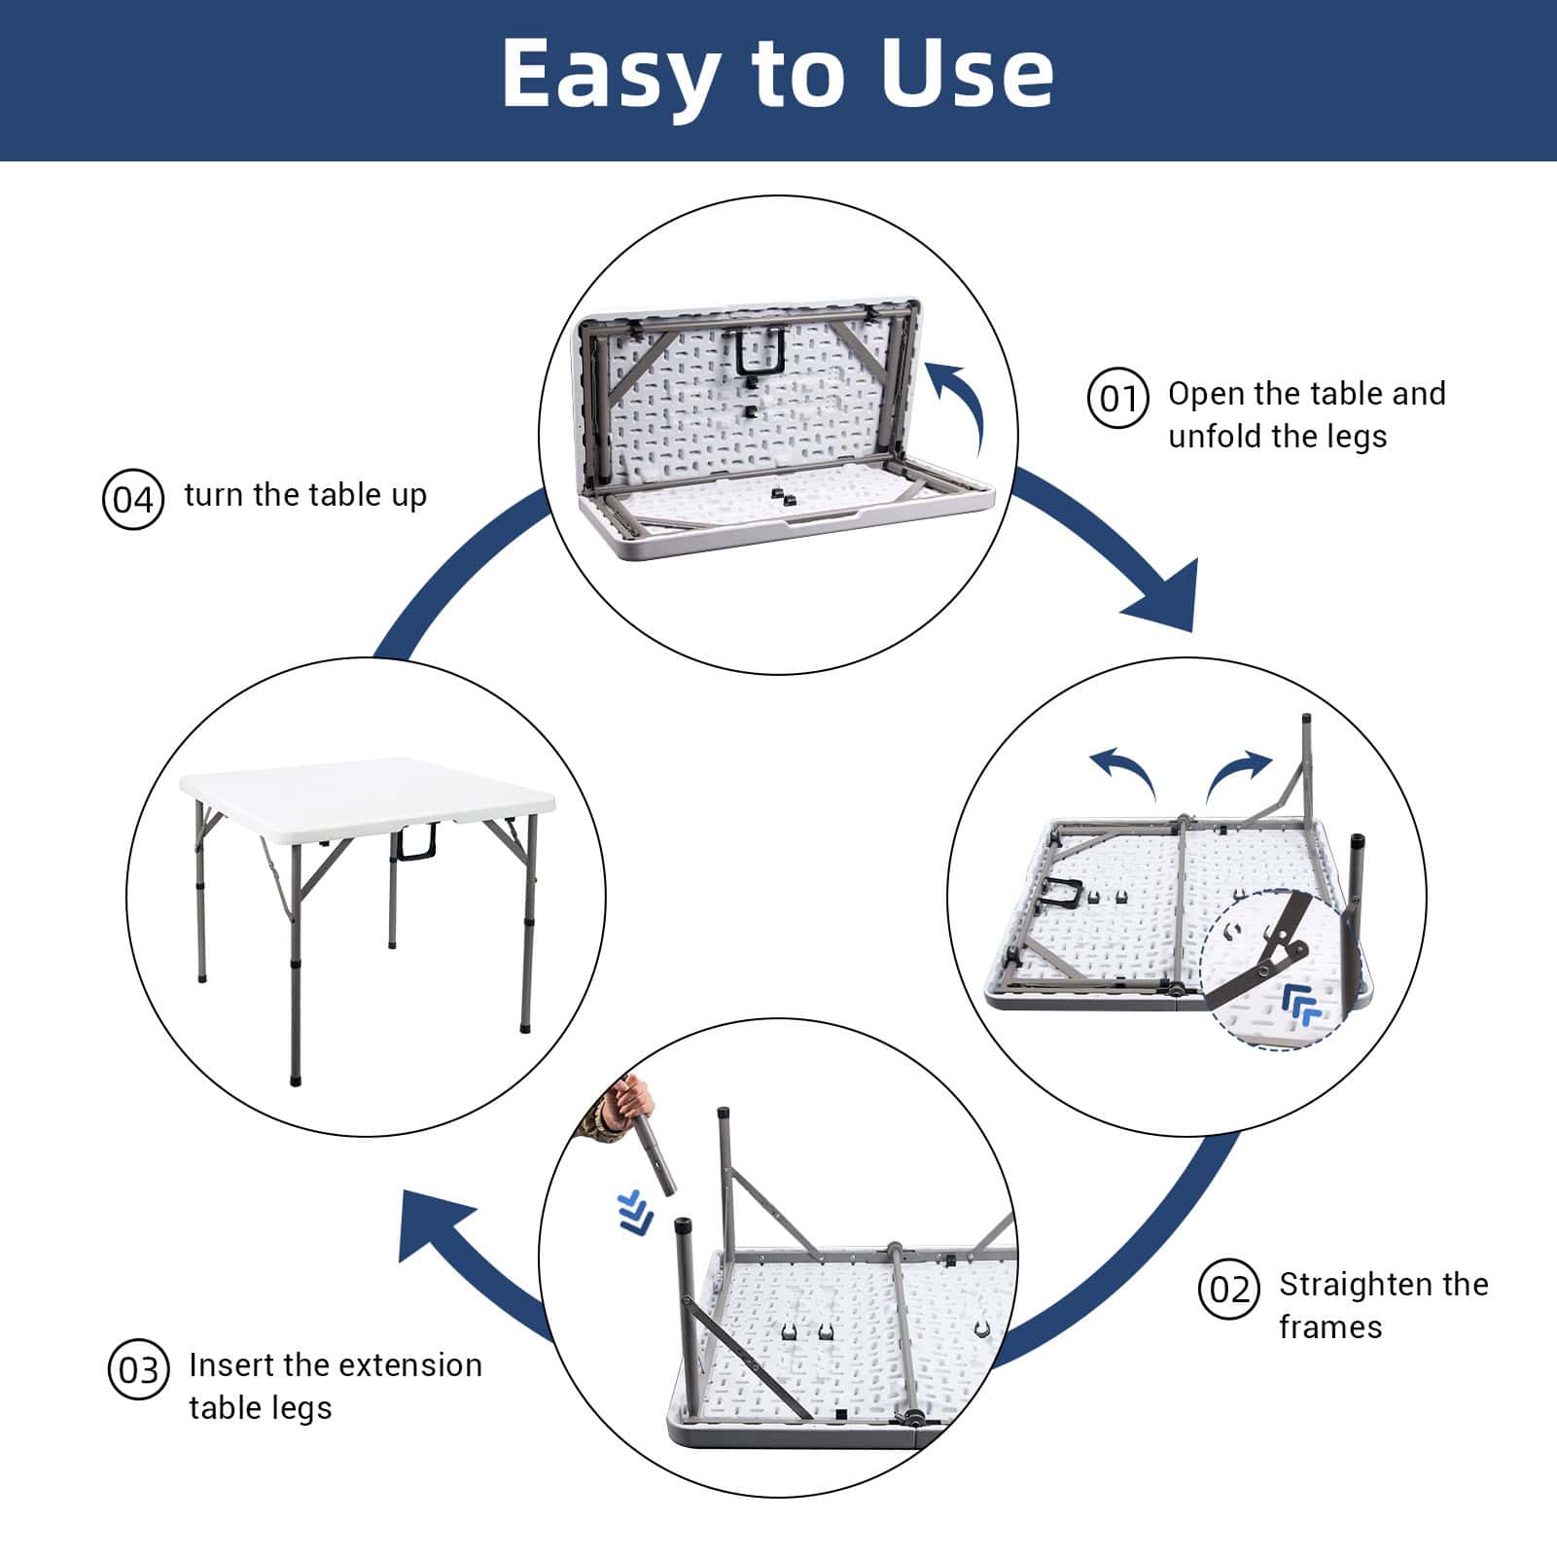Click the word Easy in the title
(x=611, y=76)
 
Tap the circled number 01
(x=1117, y=399)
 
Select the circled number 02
(x=1229, y=1290)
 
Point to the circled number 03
(x=138, y=1370)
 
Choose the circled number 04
(x=132, y=500)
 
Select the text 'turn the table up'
(x=305, y=495)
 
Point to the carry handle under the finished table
(x=414, y=842)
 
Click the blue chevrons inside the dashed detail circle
(x=1301, y=1004)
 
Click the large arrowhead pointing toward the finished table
(x=434, y=1227)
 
